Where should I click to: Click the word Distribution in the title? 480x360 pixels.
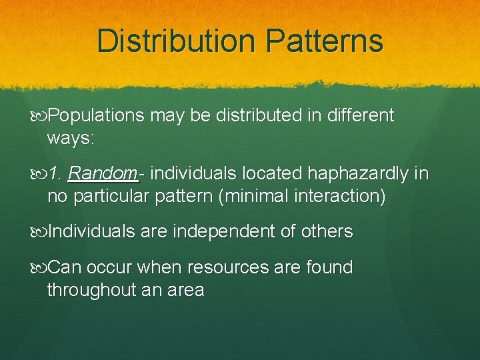click(175, 41)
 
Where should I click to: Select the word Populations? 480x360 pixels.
click(96, 116)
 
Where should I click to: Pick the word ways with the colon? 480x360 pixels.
click(71, 139)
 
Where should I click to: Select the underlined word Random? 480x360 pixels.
click(103, 174)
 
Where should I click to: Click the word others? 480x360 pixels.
click(325, 232)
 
